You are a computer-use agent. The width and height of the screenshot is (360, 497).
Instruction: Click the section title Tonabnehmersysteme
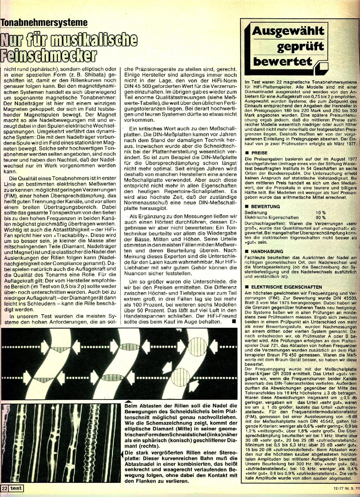click(44, 23)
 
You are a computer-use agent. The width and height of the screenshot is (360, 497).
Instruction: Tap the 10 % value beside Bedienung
click(320, 212)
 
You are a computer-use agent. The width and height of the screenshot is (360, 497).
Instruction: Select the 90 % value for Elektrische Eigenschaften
click(320, 218)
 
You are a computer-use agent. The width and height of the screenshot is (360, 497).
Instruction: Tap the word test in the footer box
click(16, 488)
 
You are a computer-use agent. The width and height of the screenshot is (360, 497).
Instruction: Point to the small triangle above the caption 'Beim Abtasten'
click(128, 401)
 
